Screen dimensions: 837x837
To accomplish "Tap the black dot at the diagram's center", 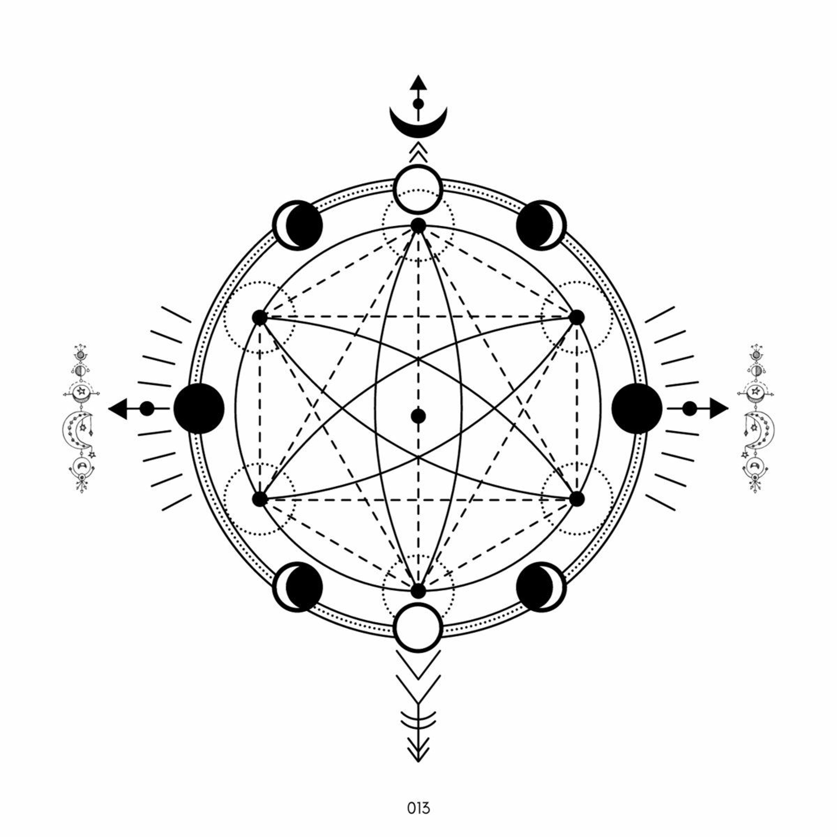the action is coord(419,416).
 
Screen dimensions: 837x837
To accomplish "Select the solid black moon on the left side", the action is coord(199,408).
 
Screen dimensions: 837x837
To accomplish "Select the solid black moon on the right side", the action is coord(637,408).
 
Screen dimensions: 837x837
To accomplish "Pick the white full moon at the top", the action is coord(419,189).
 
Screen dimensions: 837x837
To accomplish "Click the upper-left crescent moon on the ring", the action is coord(298,225).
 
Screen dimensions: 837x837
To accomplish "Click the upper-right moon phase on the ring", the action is coord(541,225).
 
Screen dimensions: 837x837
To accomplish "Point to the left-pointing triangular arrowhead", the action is coord(118,408).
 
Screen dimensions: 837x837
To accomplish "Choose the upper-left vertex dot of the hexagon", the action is coord(260,318).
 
